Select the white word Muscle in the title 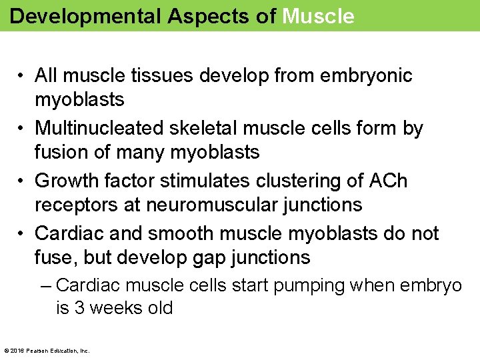(x=318, y=16)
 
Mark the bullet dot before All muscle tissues (x=23, y=76)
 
